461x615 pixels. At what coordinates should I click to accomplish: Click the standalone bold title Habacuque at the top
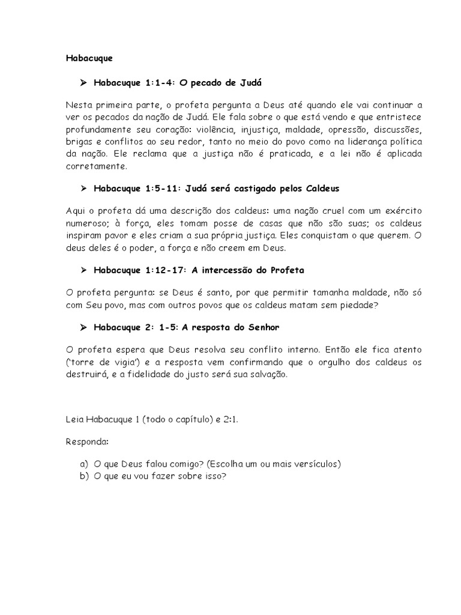pos(89,59)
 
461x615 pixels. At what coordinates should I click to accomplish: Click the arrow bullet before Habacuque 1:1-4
pos(84,82)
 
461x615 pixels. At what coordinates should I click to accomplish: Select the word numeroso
pos(85,223)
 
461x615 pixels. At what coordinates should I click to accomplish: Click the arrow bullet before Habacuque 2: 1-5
pos(84,327)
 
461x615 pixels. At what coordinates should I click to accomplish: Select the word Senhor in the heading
pos(262,327)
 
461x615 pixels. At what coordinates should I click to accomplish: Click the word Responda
pos(88,442)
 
